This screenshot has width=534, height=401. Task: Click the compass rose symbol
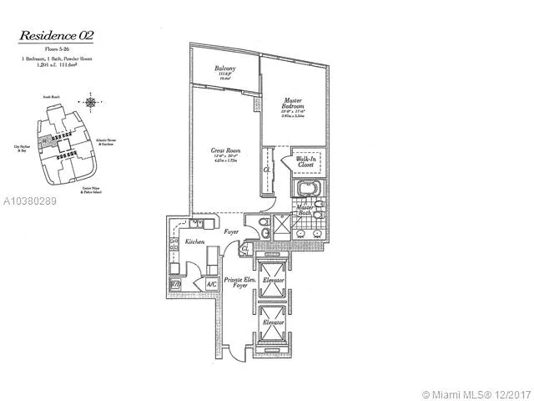click(x=88, y=104)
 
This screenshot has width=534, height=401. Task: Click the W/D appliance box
click(x=176, y=285)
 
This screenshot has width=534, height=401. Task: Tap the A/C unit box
click(x=210, y=285)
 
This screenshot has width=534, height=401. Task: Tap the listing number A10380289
click(x=30, y=201)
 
